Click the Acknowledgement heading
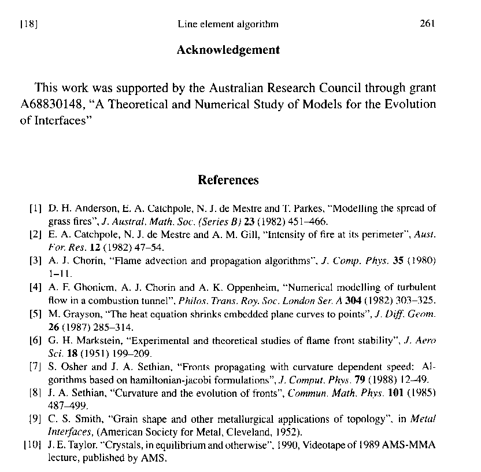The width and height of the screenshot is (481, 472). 228,50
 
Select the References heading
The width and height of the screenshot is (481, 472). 228,180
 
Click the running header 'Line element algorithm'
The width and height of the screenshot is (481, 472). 228,24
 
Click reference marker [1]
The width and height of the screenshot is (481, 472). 35,207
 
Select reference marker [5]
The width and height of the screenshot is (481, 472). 35,313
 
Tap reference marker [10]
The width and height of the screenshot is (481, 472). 32,445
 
